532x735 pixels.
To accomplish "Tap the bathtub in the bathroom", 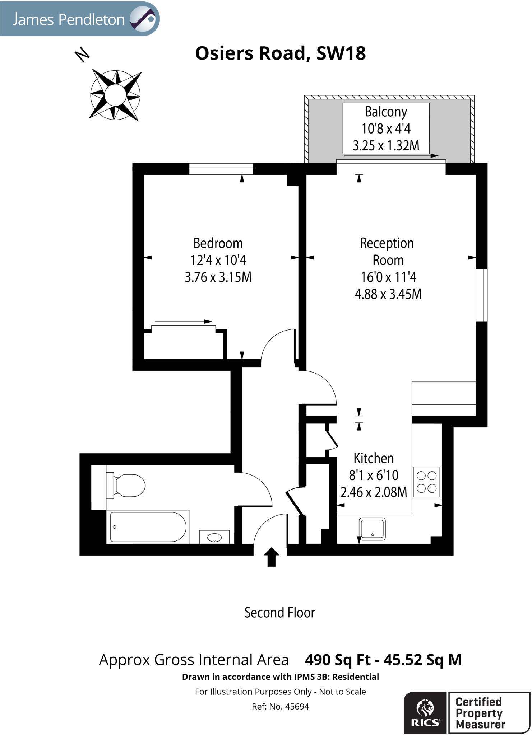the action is pyautogui.click(x=148, y=526).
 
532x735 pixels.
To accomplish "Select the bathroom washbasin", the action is pyautogui.click(x=214, y=537).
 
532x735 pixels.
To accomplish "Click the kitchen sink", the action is pyautogui.click(x=373, y=529).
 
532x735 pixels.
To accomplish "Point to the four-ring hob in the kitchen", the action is pyautogui.click(x=426, y=482).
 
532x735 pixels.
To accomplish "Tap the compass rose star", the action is pyautogui.click(x=115, y=95).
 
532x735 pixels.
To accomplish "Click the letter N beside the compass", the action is pyautogui.click(x=82, y=55).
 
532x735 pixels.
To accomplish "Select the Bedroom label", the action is pyautogui.click(x=218, y=243).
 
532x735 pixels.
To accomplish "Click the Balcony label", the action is pyautogui.click(x=386, y=112).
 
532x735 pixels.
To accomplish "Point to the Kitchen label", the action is pyautogui.click(x=374, y=458).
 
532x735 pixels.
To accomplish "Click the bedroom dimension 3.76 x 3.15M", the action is pyautogui.click(x=218, y=277).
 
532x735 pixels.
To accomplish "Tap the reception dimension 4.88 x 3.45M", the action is pyautogui.click(x=388, y=294).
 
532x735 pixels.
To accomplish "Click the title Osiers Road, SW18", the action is pyautogui.click(x=280, y=53).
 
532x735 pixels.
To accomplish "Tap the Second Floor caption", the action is pyautogui.click(x=279, y=613).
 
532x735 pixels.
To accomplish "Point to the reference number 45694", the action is pyautogui.click(x=297, y=707).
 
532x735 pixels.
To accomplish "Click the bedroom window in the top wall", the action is pyautogui.click(x=221, y=169).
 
